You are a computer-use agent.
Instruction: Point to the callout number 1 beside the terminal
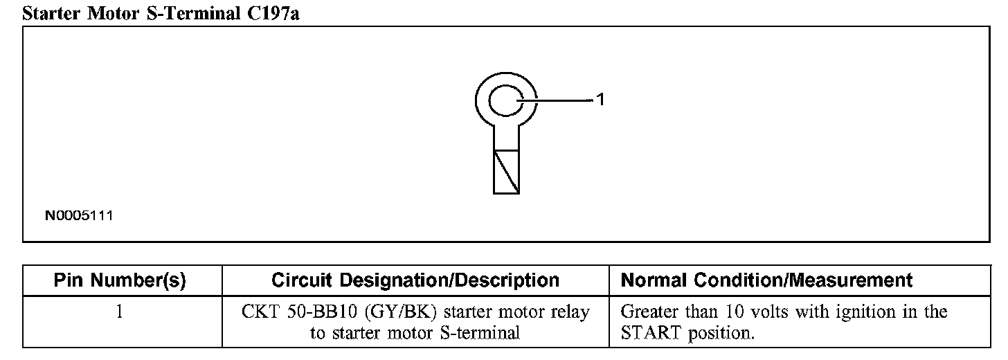601,100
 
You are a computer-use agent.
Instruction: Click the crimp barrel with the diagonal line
506,172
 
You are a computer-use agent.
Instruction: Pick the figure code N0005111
79,216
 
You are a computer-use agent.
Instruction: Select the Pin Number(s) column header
120,280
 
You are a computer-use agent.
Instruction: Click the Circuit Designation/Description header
415,280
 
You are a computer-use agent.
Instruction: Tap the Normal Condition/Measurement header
767,280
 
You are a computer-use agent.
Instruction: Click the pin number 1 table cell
120,312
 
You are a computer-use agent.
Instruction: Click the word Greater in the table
650,312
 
